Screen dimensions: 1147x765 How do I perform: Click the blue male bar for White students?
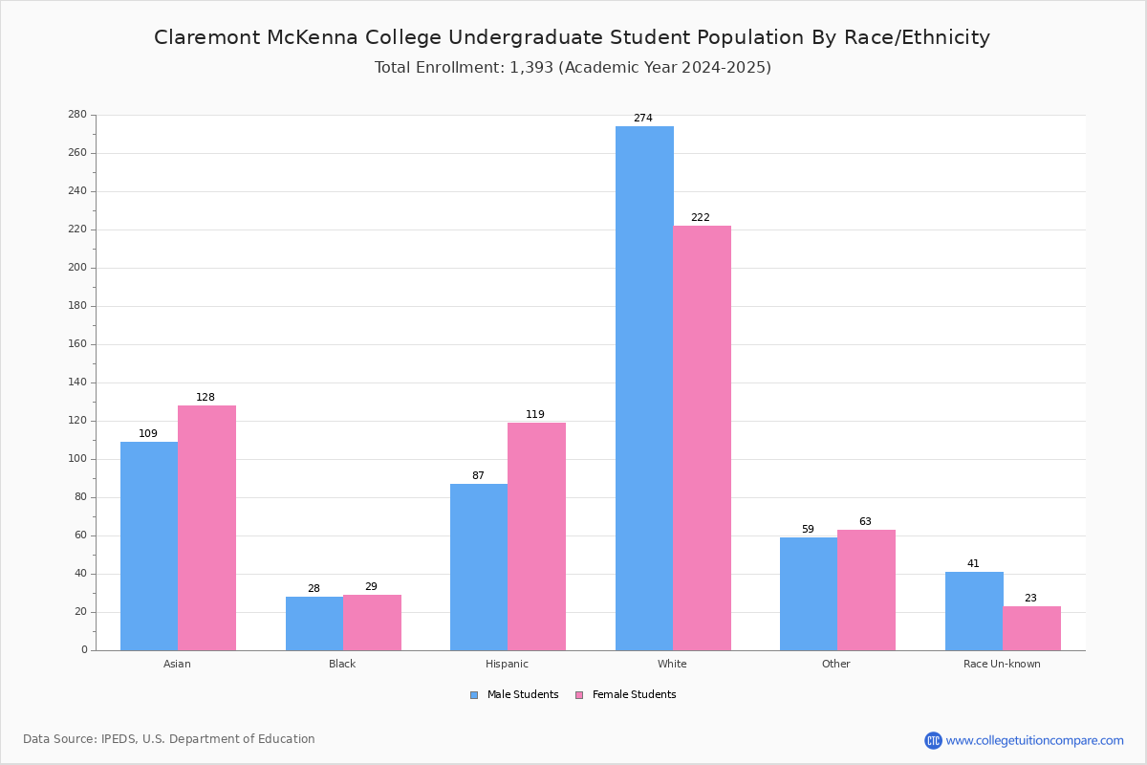coord(644,388)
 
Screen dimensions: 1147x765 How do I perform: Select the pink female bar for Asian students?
coord(206,528)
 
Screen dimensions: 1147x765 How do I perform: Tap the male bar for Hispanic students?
coord(479,567)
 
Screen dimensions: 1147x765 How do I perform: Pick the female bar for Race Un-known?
coord(1031,628)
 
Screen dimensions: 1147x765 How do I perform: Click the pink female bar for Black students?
coord(372,623)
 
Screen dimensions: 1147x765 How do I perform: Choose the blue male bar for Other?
coord(809,595)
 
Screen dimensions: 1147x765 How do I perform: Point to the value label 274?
coord(643,118)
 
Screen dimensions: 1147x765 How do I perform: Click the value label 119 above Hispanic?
coord(535,414)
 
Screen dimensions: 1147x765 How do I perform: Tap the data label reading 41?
coord(973,563)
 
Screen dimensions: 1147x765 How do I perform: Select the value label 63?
coord(865,521)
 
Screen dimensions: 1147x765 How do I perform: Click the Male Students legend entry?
coord(514,695)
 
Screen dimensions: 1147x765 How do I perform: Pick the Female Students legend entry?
coord(626,695)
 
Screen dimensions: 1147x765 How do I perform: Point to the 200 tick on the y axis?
coord(77,268)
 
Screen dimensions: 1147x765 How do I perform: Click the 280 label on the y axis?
coord(77,114)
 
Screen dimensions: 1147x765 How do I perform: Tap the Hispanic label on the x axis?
coord(507,664)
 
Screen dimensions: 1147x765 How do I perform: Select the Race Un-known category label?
coord(1002,664)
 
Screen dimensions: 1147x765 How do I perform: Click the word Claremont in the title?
coord(206,37)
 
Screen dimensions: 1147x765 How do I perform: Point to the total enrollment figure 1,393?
coord(531,68)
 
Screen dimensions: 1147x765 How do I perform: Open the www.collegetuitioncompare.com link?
coord(1034,740)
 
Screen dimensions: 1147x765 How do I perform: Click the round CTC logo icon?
coord(933,740)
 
